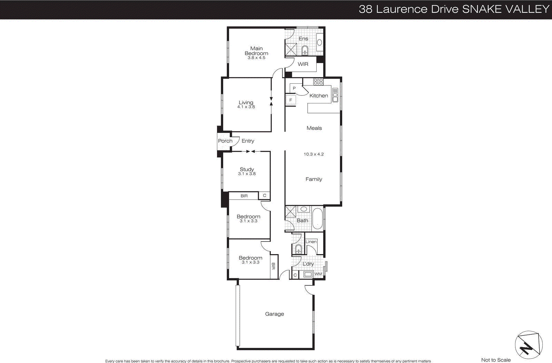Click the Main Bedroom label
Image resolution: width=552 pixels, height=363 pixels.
click(256, 51)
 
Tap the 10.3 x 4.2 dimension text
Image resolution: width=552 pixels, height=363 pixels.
click(314, 154)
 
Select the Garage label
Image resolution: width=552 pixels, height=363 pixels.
click(274, 314)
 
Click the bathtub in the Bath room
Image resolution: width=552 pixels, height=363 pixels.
click(317, 219)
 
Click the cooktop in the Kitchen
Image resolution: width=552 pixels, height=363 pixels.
click(318, 82)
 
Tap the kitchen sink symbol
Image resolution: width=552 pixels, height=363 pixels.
click(335, 95)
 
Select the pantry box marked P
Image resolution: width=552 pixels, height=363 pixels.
click(294, 88)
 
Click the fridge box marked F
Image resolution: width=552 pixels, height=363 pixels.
click(290, 100)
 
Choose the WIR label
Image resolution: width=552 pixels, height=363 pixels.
click(303, 64)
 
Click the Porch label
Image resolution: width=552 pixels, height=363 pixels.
click(225, 141)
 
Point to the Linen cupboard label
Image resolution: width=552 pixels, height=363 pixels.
click(311, 242)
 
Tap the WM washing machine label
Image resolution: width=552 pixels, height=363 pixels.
click(318, 274)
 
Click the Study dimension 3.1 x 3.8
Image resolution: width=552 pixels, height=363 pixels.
click(247, 174)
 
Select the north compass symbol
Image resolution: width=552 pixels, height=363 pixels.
click(528, 345)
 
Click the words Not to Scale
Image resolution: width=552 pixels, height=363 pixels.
click(496, 360)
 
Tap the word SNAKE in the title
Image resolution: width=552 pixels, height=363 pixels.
click(482, 9)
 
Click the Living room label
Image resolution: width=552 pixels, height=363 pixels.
click(246, 102)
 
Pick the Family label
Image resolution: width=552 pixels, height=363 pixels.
click(314, 179)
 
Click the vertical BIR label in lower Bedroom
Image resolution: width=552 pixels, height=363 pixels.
click(273, 266)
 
